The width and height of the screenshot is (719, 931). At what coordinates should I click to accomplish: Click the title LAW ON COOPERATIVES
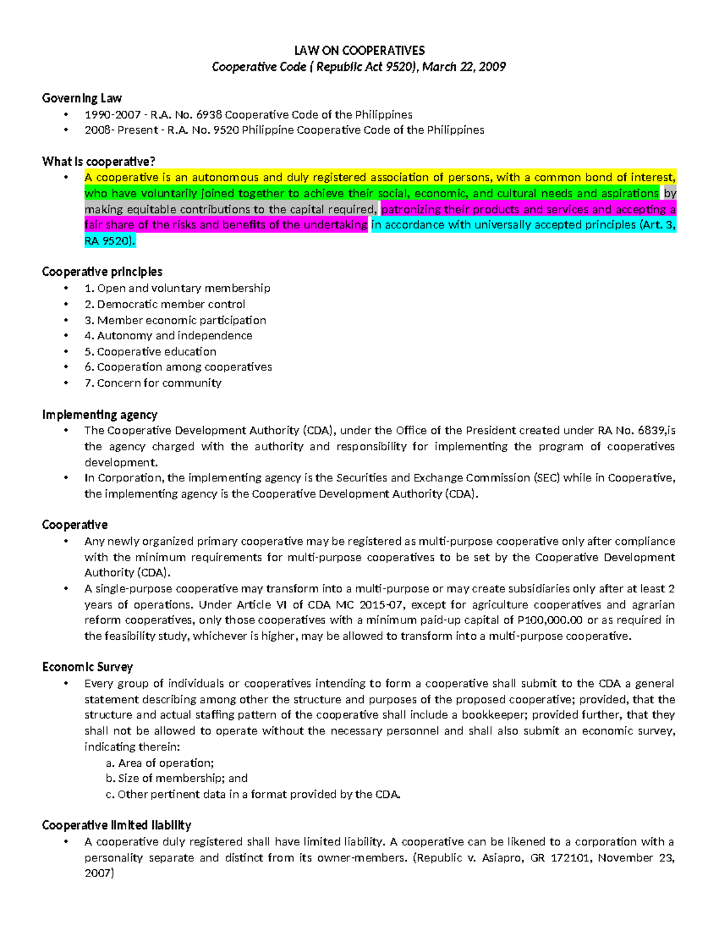click(x=359, y=50)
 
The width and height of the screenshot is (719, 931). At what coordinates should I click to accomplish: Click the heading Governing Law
click(x=81, y=98)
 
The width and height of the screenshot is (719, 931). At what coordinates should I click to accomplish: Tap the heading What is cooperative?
click(x=98, y=162)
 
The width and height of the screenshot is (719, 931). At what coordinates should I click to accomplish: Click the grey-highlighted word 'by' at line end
click(x=670, y=194)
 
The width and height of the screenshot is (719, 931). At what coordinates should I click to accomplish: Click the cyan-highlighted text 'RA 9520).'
click(x=110, y=241)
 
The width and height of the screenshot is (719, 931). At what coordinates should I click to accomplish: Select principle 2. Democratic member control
click(x=165, y=305)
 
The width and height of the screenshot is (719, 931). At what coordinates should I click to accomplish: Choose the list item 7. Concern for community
click(x=153, y=383)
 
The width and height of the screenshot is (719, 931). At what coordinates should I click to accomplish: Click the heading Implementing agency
click(x=99, y=415)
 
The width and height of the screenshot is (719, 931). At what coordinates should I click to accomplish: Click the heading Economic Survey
click(x=87, y=667)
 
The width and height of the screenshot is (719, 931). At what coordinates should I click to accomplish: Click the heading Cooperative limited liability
click(x=116, y=825)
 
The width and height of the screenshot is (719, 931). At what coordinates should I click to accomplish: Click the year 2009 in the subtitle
click(x=492, y=67)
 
